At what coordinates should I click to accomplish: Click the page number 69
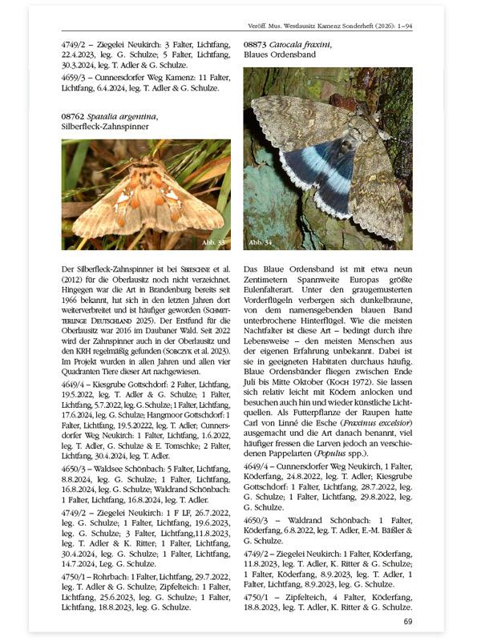407,621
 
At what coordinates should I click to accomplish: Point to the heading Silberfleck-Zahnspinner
103,127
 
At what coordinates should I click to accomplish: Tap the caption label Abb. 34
261,241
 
